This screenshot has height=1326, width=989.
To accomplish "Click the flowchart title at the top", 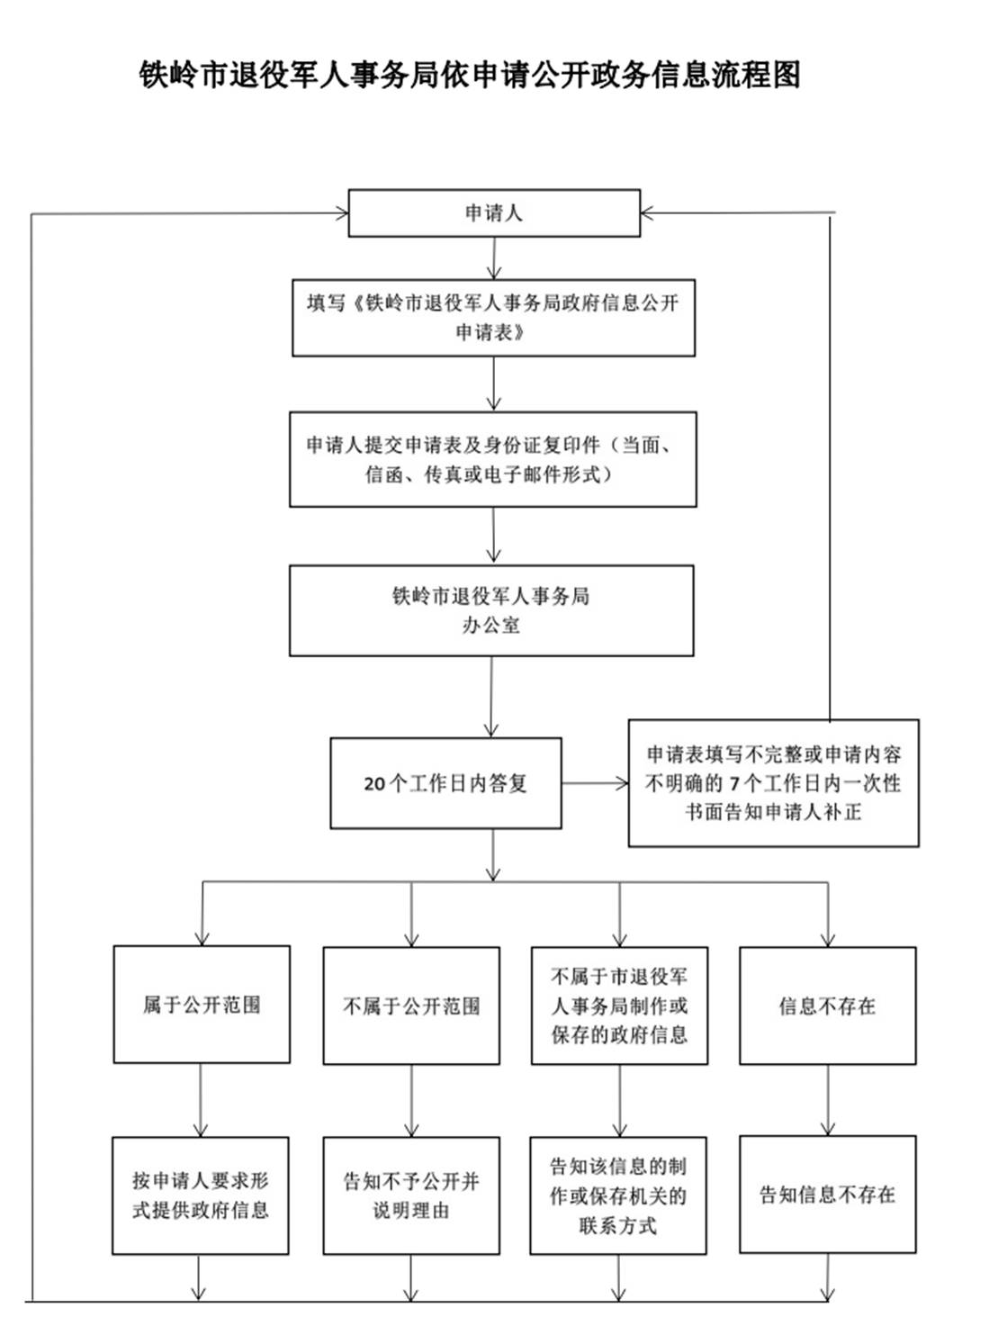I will (x=470, y=75).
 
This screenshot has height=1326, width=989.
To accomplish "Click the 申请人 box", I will (x=493, y=213).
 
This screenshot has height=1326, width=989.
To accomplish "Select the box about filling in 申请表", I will (x=493, y=317).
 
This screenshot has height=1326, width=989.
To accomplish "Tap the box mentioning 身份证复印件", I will (x=492, y=459).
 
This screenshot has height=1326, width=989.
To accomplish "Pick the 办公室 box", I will (x=491, y=610).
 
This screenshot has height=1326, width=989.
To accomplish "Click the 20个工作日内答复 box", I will (x=445, y=783).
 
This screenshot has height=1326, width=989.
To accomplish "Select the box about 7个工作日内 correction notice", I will (x=773, y=783).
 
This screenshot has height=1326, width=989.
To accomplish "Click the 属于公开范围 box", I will (x=202, y=1005).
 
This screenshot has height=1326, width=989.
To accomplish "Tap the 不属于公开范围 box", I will (x=411, y=1006).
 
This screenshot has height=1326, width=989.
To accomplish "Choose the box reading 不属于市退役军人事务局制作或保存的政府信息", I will (x=619, y=1006).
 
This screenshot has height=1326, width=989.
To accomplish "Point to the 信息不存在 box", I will (x=827, y=1006).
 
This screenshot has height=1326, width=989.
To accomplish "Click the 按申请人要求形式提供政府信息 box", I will (x=201, y=1195).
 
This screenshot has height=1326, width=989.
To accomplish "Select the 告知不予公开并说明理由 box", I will (x=411, y=1195).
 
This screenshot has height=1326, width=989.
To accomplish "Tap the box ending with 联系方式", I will (x=618, y=1195).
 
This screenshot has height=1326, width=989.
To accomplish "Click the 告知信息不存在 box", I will (x=827, y=1195).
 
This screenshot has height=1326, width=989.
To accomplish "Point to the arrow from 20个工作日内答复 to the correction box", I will (x=595, y=783).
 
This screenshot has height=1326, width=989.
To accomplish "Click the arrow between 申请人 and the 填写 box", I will (x=493, y=258).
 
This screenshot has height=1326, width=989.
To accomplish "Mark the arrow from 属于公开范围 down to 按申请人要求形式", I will (x=201, y=1100).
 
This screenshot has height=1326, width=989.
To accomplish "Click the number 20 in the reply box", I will (x=374, y=784).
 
